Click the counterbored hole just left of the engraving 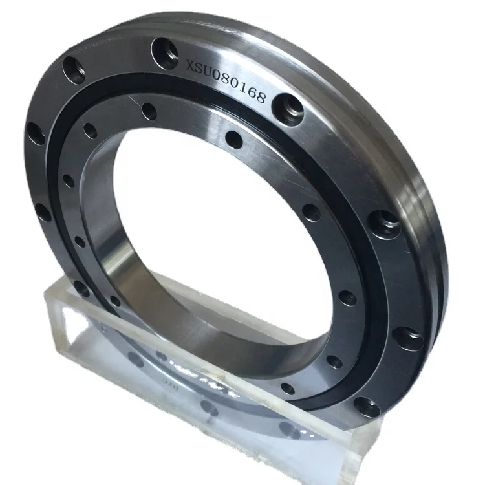pyautogui.click(x=166, y=52)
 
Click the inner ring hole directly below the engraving pyautogui.click(x=235, y=140)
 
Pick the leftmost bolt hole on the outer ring pyautogui.click(x=35, y=135)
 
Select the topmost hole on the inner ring pyautogui.click(x=149, y=111)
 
